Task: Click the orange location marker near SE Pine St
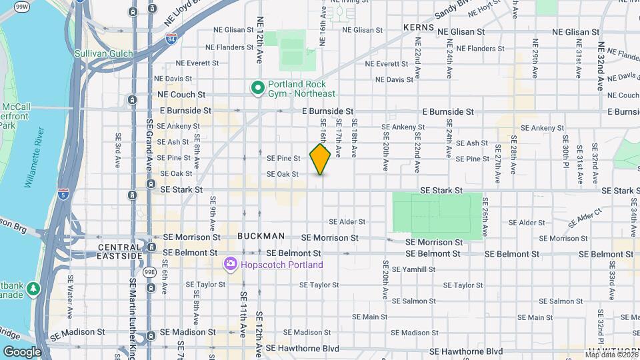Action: pos(320,159)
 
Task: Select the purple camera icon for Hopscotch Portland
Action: pos(231,265)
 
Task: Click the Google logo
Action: pos(22,351)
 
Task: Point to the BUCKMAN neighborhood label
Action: pos(261,236)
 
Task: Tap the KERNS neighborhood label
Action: pos(419,28)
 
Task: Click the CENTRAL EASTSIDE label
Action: pos(120,251)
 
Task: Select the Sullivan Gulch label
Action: pos(103,53)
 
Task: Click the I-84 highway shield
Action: pos(171,38)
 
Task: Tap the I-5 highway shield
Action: pos(63,194)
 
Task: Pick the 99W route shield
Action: pos(22,7)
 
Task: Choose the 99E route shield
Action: pos(151,272)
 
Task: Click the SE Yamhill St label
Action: pos(413,269)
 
